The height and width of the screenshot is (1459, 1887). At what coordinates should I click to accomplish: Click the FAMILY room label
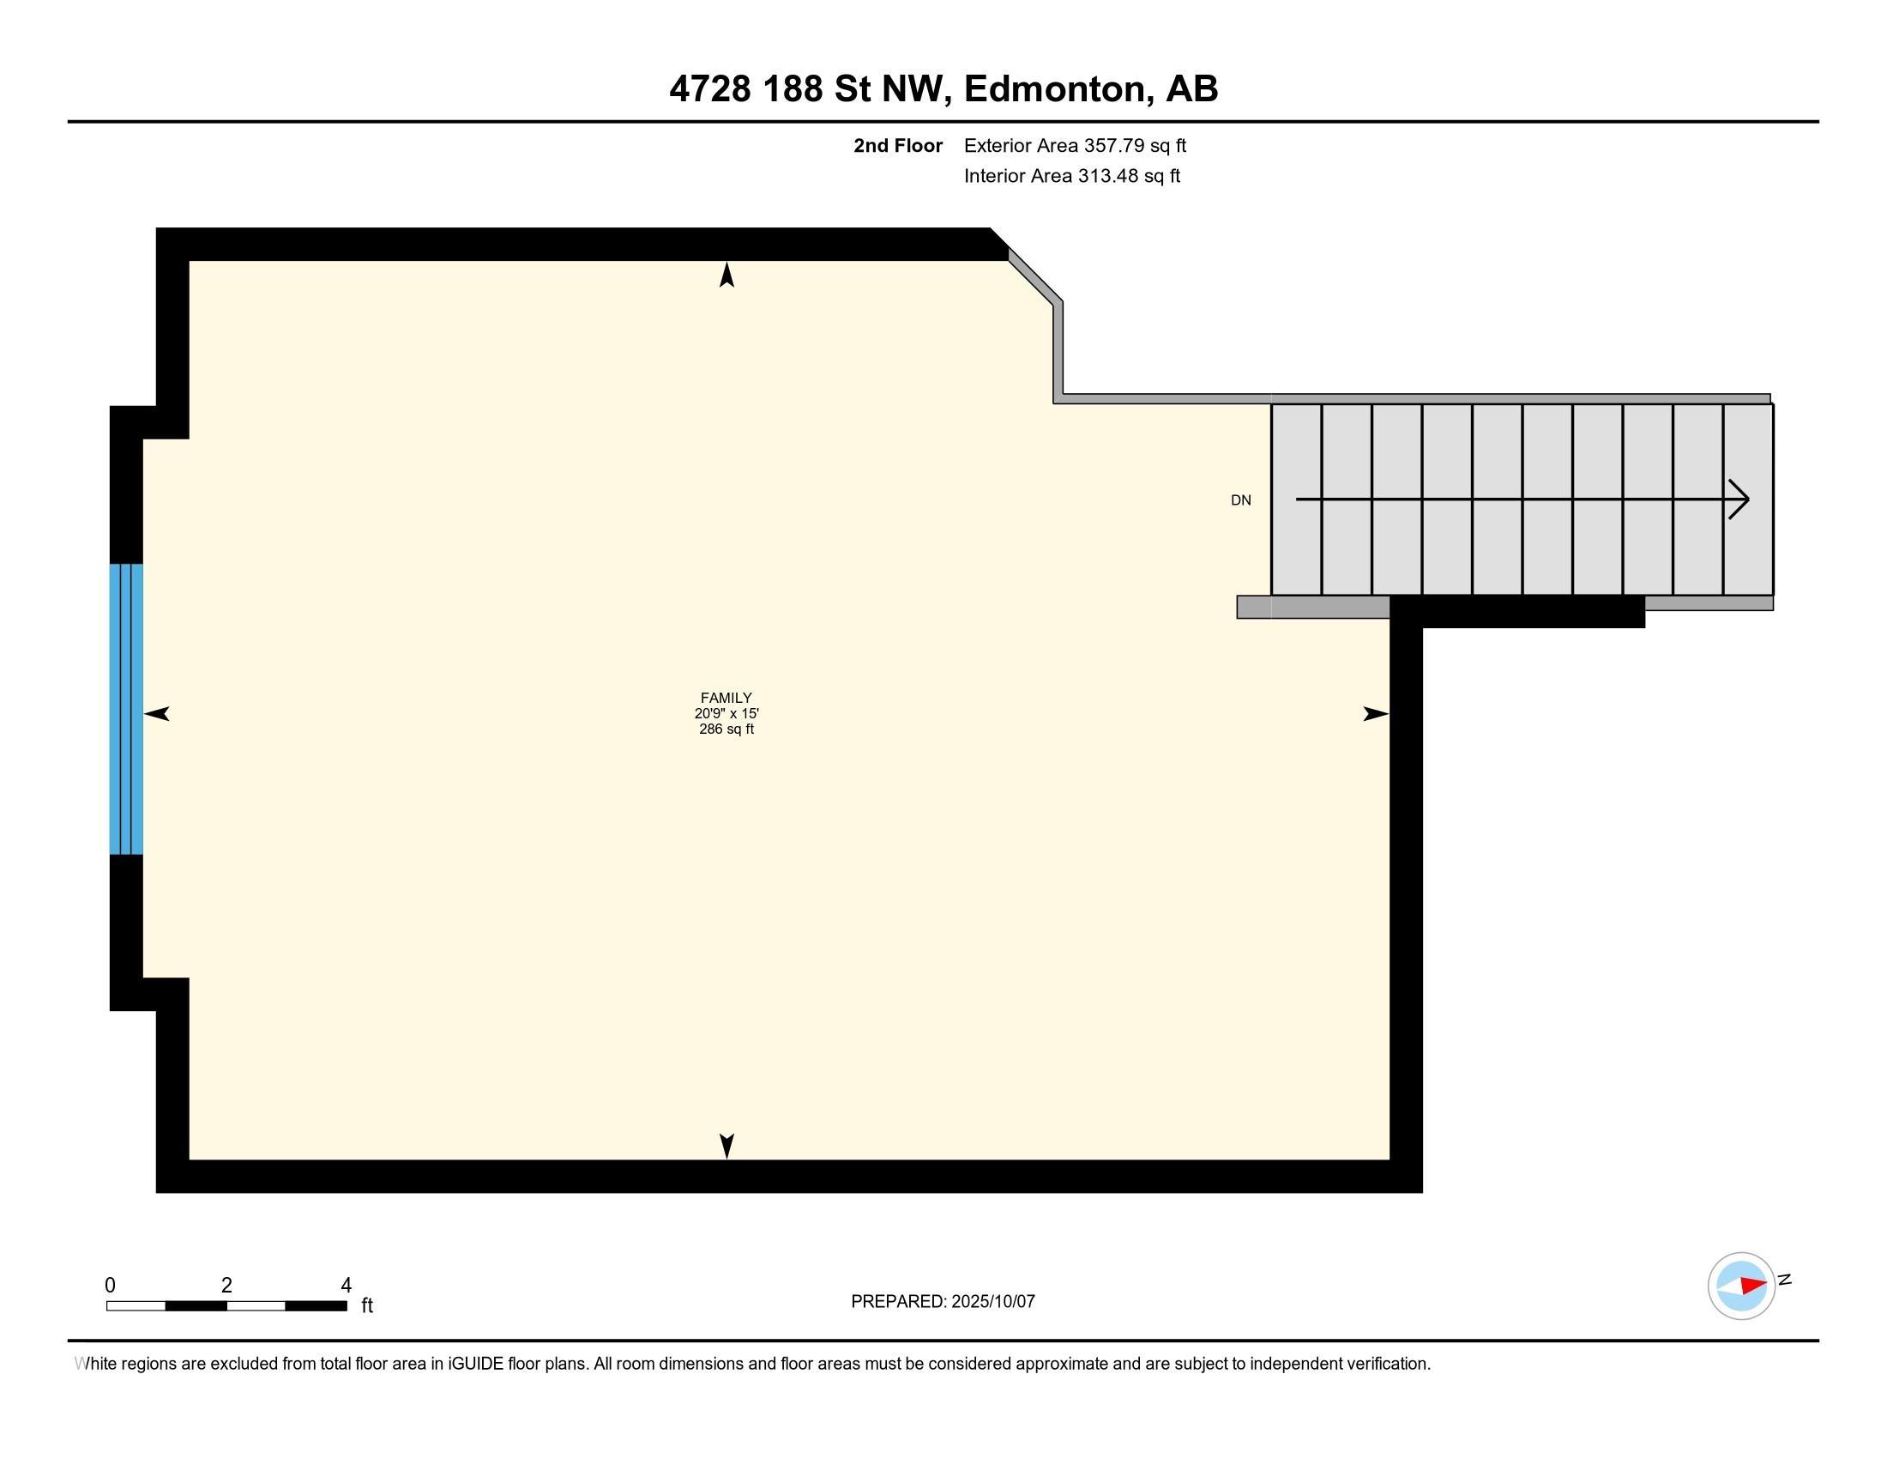(726, 698)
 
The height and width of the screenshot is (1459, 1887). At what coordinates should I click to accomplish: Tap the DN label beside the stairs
(1241, 500)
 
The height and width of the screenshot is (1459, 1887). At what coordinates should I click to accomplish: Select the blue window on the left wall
(126, 709)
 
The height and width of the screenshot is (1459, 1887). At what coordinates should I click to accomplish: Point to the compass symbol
(1741, 1286)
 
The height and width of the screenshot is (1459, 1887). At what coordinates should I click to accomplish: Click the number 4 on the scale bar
(346, 1286)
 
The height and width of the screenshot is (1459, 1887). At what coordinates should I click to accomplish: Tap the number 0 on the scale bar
(111, 1286)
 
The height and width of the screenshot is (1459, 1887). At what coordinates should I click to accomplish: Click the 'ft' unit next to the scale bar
(367, 1305)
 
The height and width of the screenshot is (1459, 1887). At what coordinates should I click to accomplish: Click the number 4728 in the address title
(710, 89)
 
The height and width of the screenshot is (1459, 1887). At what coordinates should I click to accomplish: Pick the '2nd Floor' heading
(898, 146)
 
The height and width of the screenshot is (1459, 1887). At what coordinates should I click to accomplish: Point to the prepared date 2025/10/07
(992, 1302)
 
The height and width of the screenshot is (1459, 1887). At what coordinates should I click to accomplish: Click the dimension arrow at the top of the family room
(726, 275)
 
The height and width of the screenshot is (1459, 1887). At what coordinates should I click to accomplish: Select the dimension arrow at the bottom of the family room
(726, 1146)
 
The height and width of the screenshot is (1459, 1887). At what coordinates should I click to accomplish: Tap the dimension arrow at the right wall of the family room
(1376, 714)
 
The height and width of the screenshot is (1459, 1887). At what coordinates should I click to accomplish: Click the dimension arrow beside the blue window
(156, 714)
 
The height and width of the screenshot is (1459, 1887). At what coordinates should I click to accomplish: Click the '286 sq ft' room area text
(726, 729)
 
